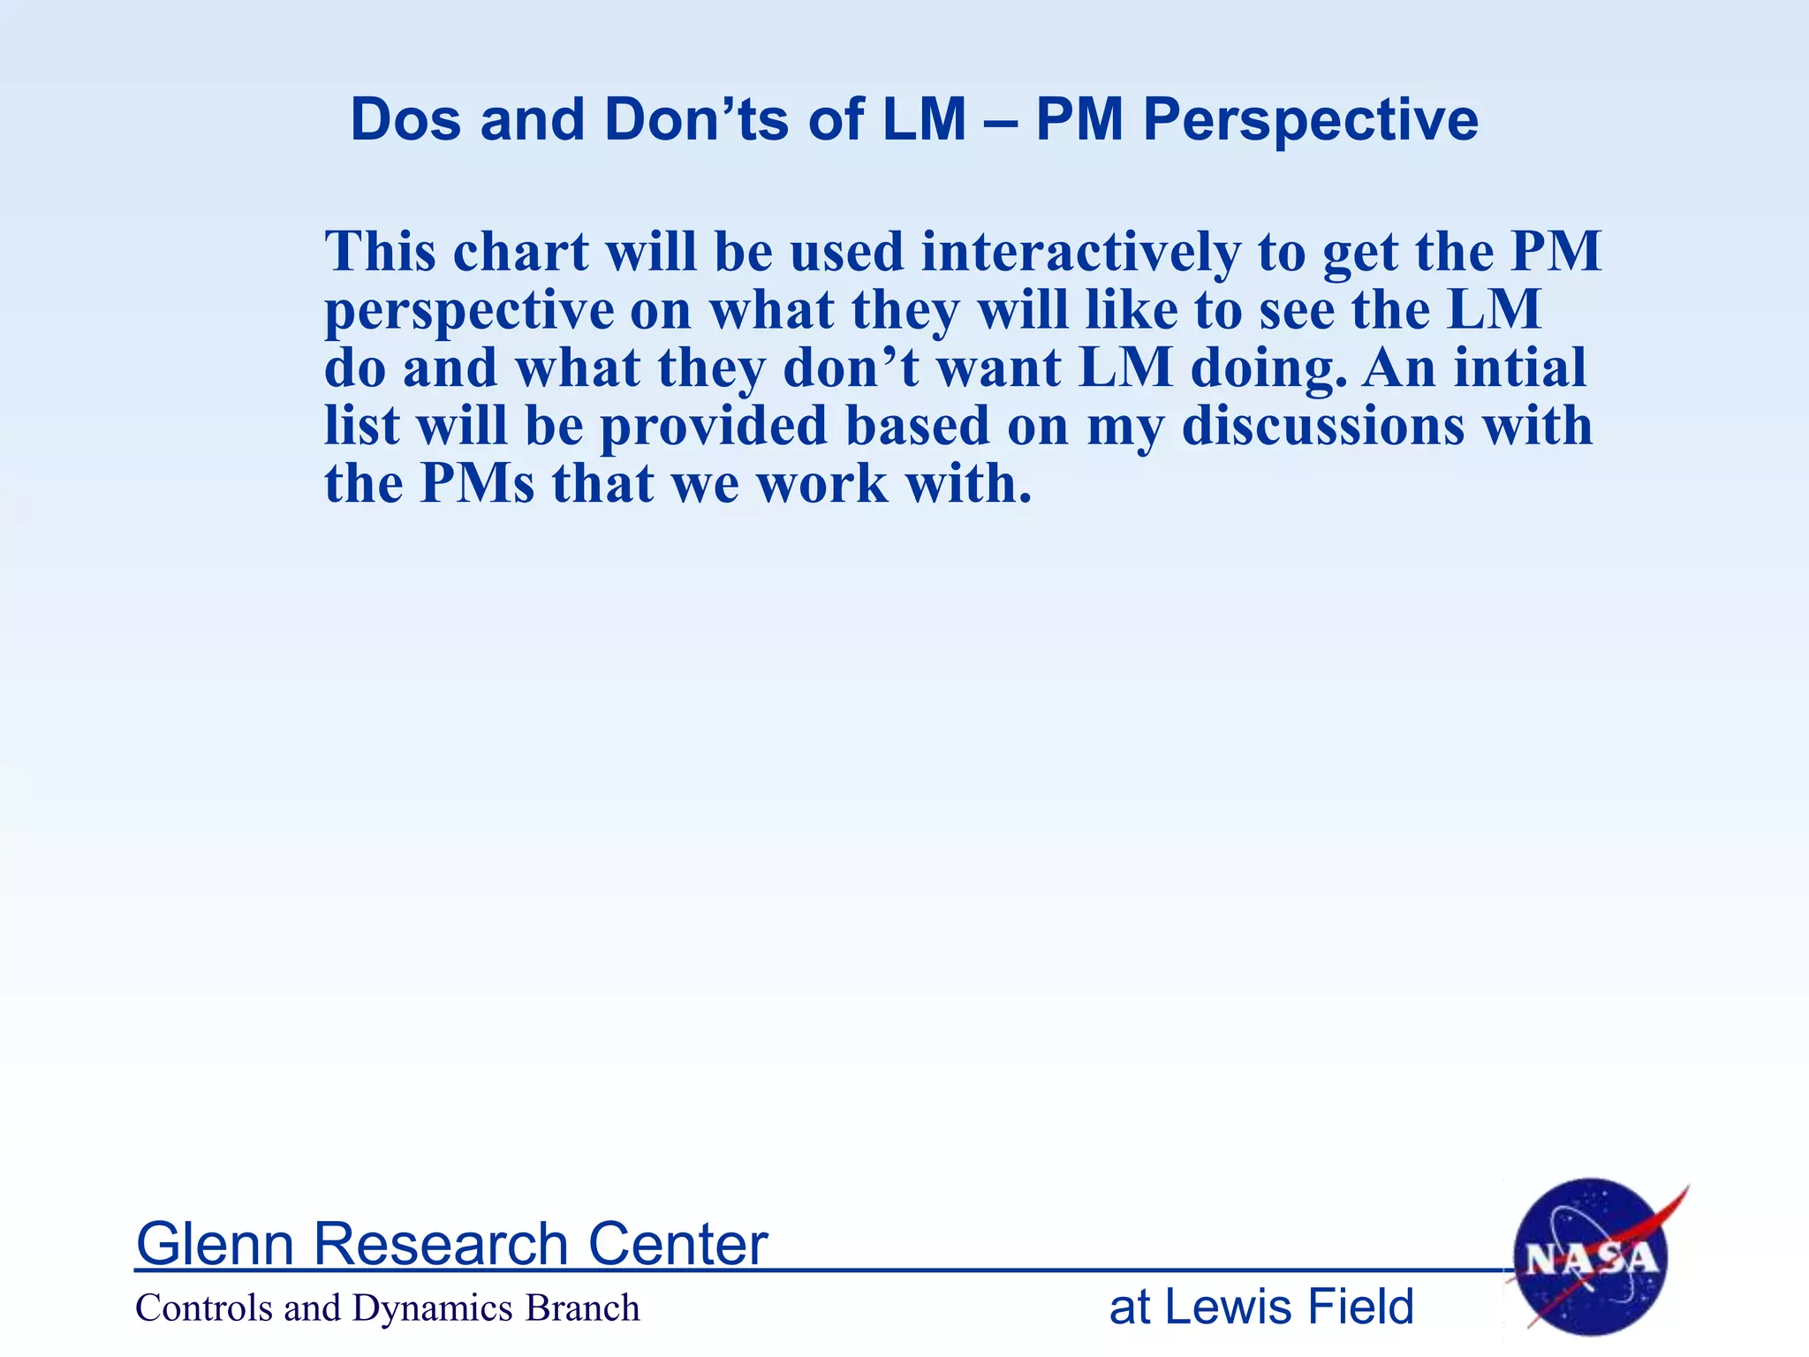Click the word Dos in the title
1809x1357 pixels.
(x=405, y=119)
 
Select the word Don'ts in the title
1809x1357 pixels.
(x=696, y=119)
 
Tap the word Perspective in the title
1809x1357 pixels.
(x=1311, y=119)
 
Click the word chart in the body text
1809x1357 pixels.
(x=520, y=253)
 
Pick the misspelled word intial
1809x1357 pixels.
(x=1520, y=368)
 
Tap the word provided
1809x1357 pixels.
(x=714, y=428)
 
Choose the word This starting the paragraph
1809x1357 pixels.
(x=381, y=253)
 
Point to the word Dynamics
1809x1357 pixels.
(x=432, y=1308)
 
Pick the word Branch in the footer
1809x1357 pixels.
(x=582, y=1308)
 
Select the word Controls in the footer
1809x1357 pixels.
(x=204, y=1308)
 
